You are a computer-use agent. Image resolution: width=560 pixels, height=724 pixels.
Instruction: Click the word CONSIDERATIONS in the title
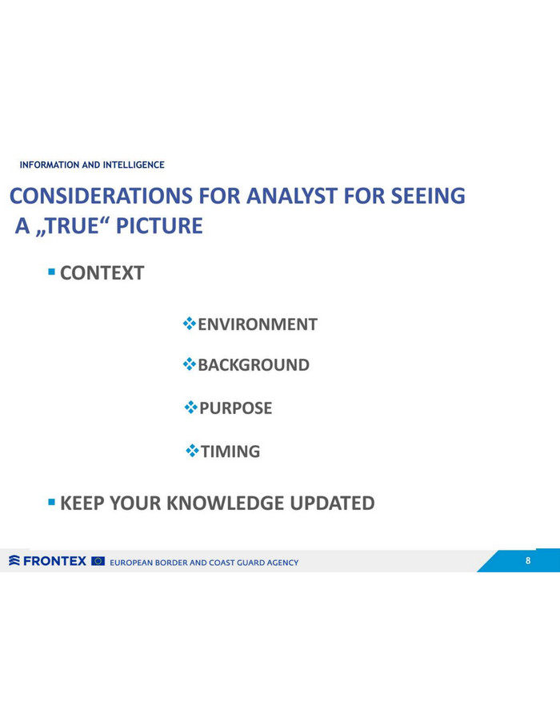coord(102,196)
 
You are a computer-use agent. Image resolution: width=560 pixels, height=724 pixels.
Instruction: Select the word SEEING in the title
coord(428,196)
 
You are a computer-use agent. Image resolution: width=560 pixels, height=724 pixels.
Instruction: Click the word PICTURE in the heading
coord(159,226)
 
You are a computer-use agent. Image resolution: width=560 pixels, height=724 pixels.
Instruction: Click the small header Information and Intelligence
coord(92,165)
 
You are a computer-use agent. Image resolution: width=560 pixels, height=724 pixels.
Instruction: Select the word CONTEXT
coord(102,272)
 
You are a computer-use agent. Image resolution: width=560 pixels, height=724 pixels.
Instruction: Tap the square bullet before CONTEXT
coord(52,272)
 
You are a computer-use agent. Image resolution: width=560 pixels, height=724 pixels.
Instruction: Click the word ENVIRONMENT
coord(258,324)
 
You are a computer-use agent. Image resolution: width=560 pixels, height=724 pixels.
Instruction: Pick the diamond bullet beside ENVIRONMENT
coord(189,324)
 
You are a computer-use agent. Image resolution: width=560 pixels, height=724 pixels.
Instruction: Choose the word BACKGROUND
coord(254,364)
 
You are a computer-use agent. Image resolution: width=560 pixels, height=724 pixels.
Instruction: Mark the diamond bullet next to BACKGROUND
coord(189,364)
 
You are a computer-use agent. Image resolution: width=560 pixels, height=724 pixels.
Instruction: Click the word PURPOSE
coord(236,408)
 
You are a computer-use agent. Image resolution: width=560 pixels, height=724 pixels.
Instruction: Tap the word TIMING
coord(230,452)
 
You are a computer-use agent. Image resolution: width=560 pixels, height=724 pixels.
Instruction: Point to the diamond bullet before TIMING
coord(192,451)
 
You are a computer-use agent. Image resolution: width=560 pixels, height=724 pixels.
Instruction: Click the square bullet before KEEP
coord(52,502)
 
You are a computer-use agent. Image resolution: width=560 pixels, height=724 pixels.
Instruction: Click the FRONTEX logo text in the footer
coord(54,561)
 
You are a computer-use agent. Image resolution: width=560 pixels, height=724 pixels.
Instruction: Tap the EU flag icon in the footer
coord(98,561)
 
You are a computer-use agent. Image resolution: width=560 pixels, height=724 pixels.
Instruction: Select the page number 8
coord(528,560)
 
